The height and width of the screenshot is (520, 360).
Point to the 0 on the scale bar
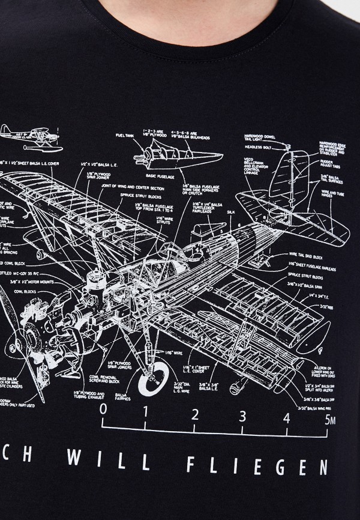pyautogui.click(x=104, y=411)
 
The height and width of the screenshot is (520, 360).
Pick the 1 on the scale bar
pyautogui.click(x=149, y=412)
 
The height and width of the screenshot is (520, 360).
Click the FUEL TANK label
pyautogui.click(x=125, y=136)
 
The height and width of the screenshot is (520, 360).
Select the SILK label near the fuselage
pyautogui.click(x=231, y=213)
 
